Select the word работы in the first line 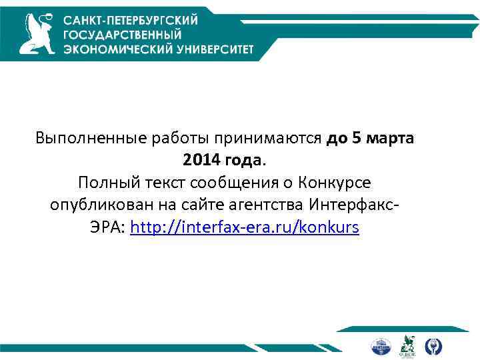(x=175, y=139)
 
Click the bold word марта (x=389, y=139)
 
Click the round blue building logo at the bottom (x=381, y=346)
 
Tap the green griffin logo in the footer (x=407, y=345)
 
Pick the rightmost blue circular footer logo (x=433, y=346)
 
